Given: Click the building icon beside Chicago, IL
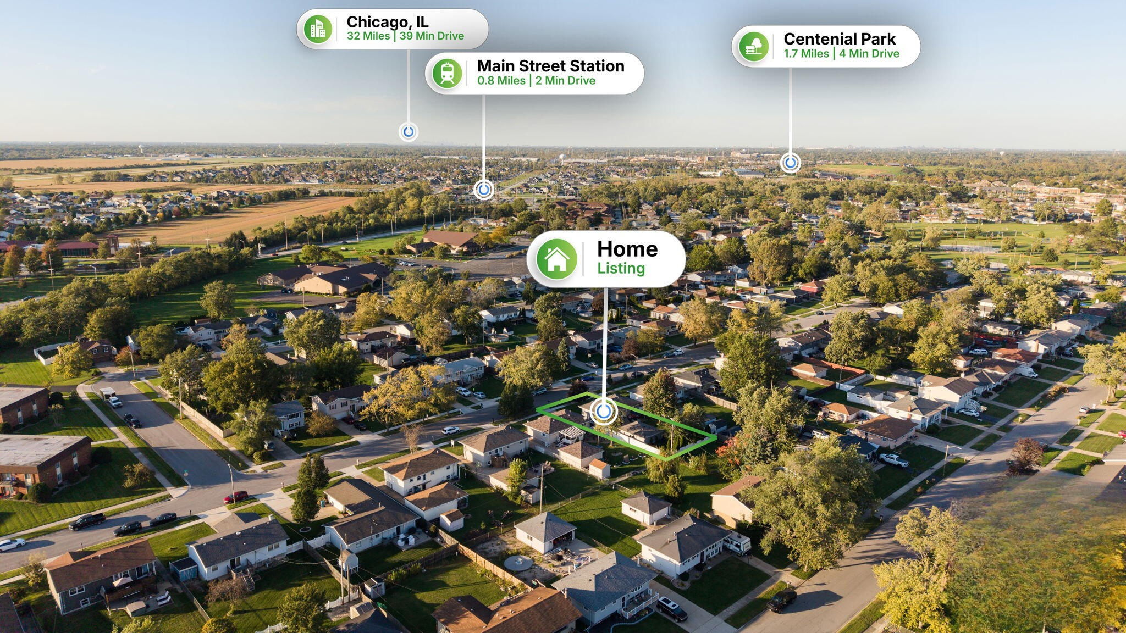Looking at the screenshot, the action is [318, 29].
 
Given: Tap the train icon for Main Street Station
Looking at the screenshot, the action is [447, 73].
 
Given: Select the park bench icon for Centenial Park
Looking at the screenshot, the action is [753, 46].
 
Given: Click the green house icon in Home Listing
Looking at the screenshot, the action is [556, 259].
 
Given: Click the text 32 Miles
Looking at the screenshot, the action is [368, 36].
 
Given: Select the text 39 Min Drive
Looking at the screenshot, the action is [432, 36].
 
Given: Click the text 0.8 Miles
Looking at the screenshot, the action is [501, 81].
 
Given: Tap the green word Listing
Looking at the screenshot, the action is [621, 268].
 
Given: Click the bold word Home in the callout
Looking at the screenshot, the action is [627, 249].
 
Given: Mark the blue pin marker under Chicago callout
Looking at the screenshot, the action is [408, 132].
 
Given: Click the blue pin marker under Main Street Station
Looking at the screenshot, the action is [484, 190].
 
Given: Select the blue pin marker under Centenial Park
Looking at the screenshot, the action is [790, 163].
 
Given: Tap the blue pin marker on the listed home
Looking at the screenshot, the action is [604, 412].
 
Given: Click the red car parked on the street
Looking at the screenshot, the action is [235, 497].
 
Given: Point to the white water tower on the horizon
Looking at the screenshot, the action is [562, 158].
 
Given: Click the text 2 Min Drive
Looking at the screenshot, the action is [565, 81].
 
